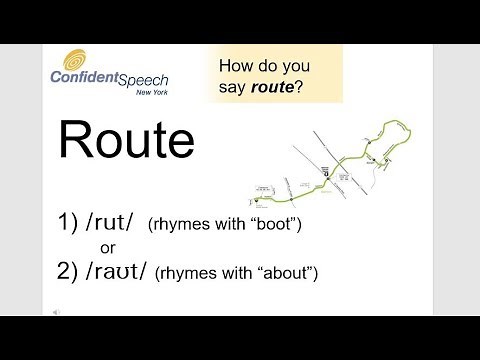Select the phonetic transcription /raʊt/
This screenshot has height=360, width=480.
[117, 271]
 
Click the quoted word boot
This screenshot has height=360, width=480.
[271, 224]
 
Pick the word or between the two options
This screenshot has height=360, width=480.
[109, 247]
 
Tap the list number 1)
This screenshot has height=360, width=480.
[69, 222]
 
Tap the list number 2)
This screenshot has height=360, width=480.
[69, 271]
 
